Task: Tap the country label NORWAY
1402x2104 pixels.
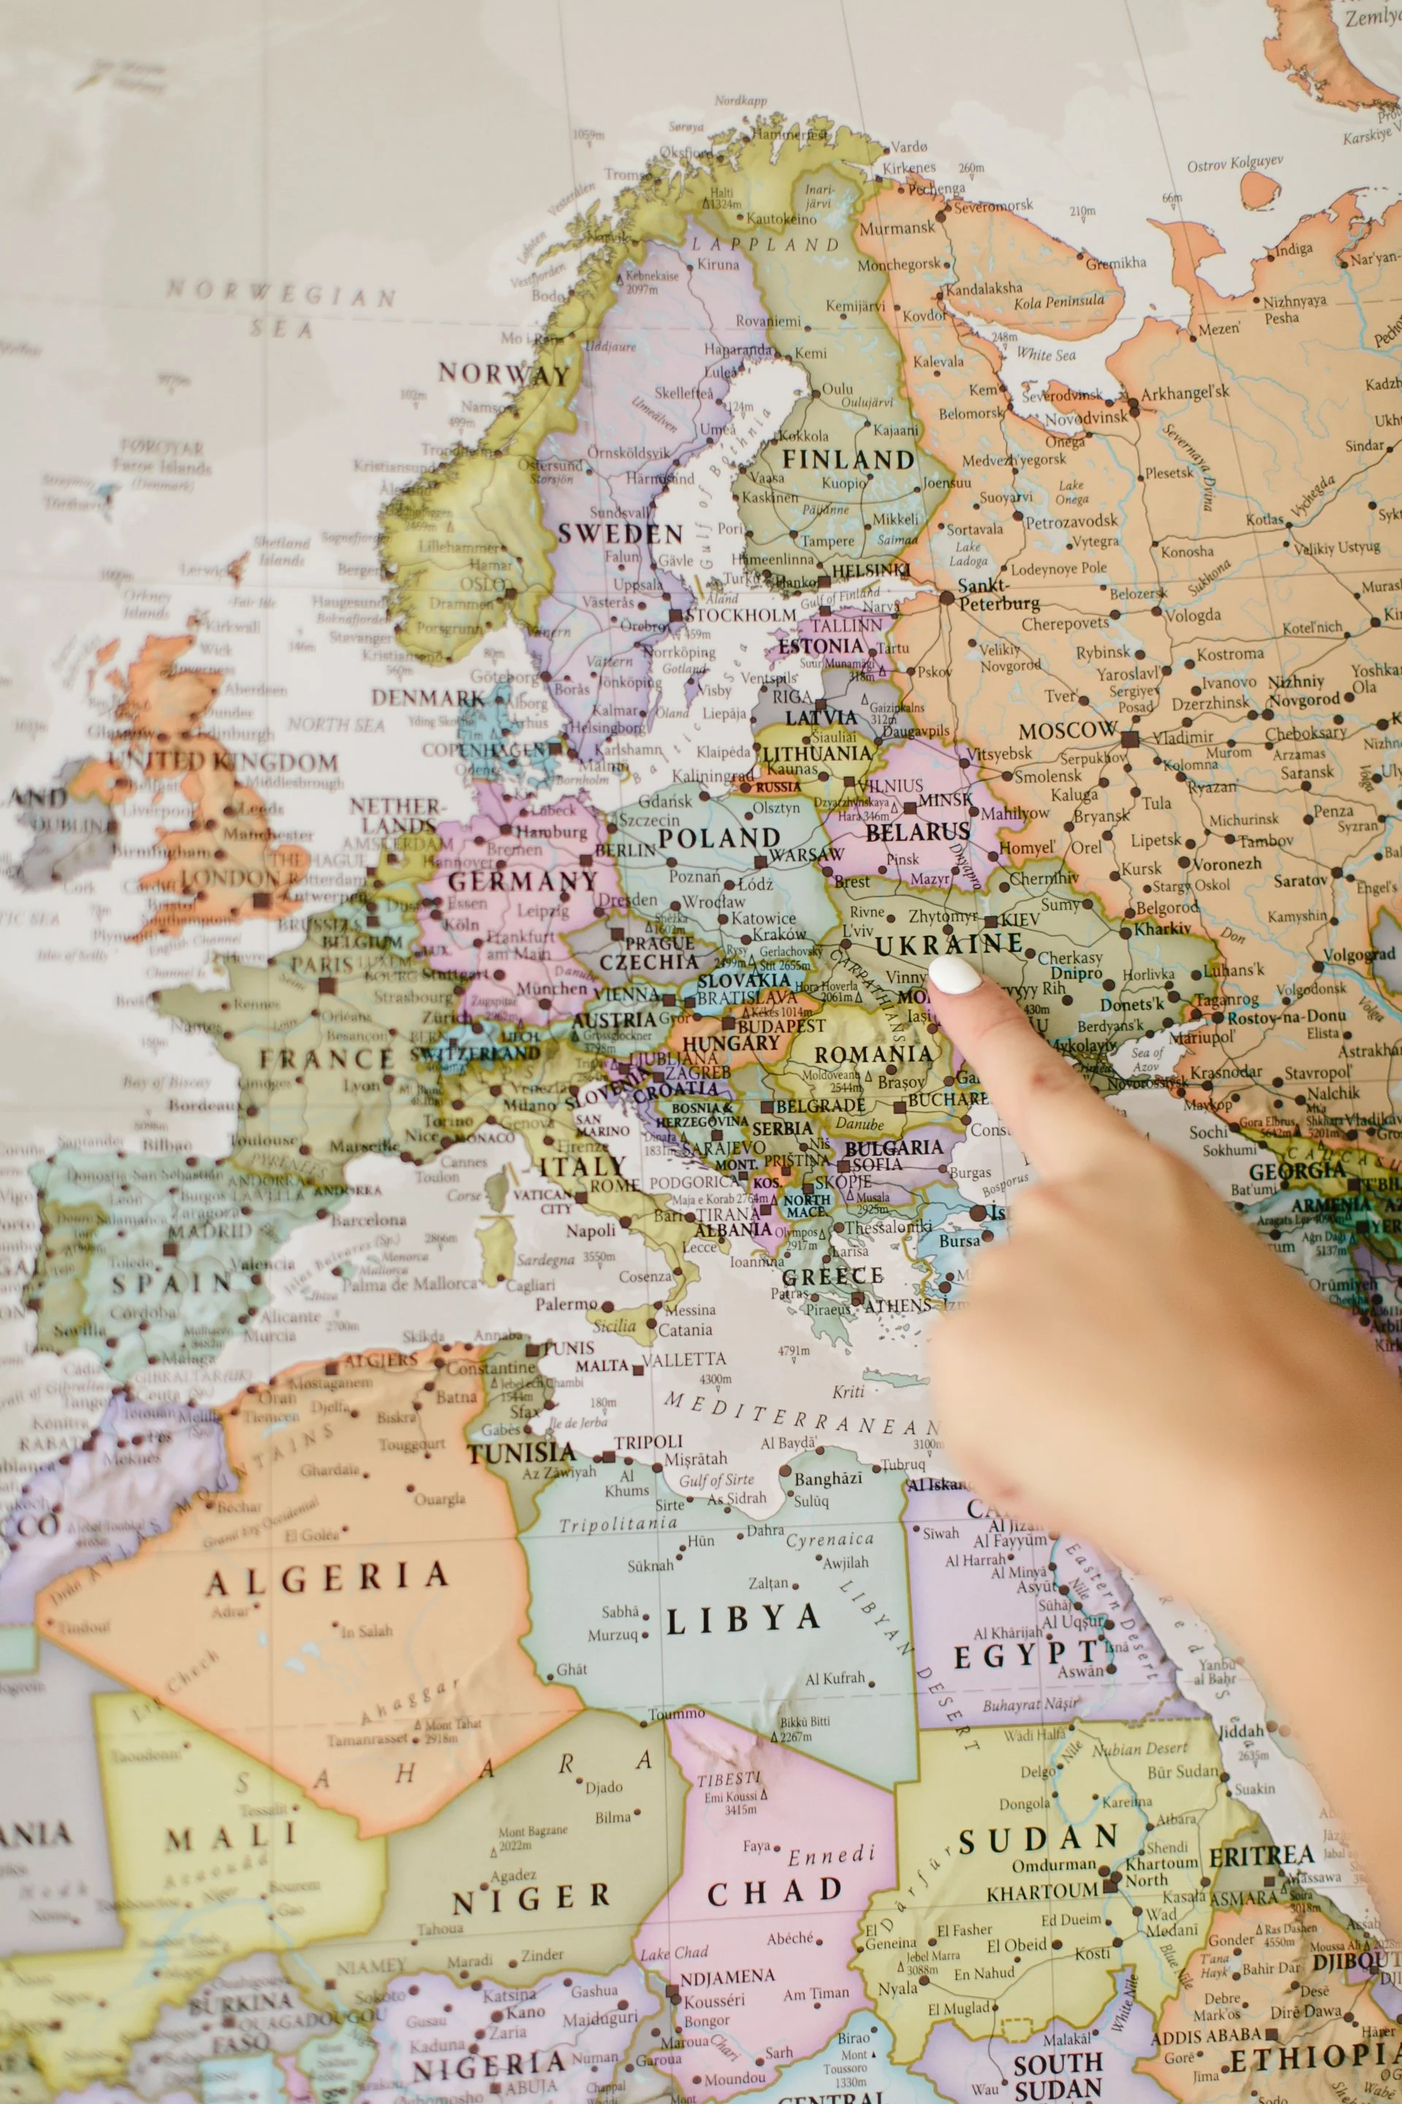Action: [503, 374]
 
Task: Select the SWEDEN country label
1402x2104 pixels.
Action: [621, 534]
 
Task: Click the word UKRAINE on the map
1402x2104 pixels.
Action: [949, 945]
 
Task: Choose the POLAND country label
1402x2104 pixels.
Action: [719, 838]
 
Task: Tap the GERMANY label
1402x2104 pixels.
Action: [522, 881]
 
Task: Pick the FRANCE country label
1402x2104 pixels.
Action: [326, 1060]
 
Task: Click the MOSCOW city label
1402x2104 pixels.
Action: [1068, 731]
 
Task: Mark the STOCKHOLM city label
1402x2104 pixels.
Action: [740, 615]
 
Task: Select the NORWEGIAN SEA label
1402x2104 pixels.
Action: [282, 308]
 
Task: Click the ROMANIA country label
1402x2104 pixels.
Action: [873, 1055]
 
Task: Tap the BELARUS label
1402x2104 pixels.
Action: [917, 832]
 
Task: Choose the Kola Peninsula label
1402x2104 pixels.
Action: [1059, 302]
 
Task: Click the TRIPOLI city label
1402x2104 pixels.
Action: [648, 1442]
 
